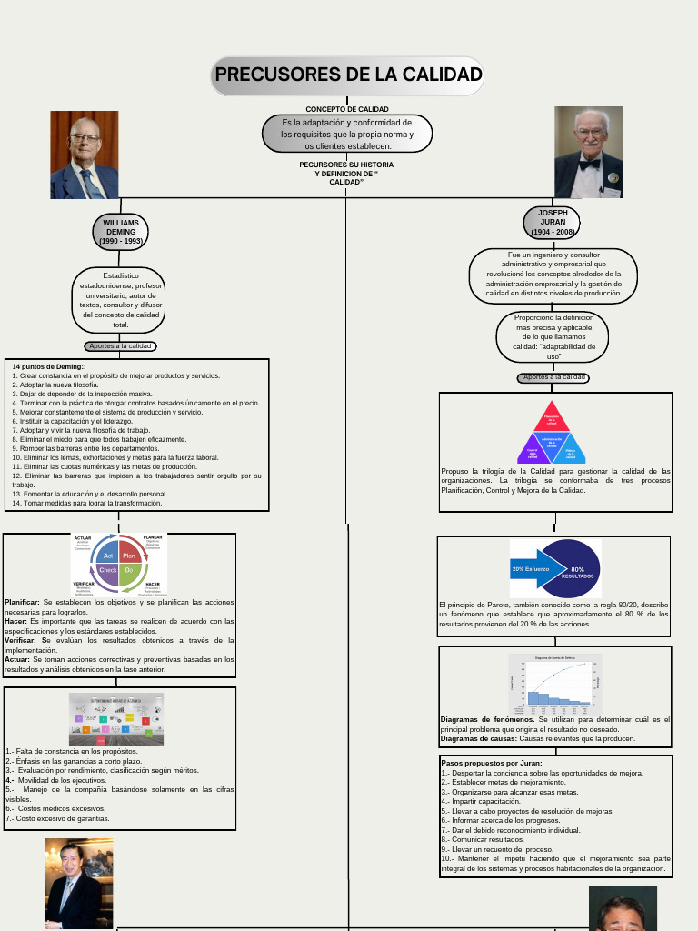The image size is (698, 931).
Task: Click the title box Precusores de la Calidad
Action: point(348,75)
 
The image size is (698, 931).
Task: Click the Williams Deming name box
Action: point(121,232)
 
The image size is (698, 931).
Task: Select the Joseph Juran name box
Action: point(553,223)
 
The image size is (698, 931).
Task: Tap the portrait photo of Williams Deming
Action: point(85,155)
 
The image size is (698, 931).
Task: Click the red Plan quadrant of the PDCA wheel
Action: point(129,555)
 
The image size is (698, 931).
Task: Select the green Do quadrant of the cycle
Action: point(129,570)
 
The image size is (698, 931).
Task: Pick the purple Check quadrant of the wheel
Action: point(108,570)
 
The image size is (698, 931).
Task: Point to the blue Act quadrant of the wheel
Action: point(108,555)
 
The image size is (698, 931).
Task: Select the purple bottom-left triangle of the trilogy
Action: point(533,451)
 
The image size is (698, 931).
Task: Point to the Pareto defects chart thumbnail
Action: point(553,680)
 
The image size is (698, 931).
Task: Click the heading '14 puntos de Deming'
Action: point(49,366)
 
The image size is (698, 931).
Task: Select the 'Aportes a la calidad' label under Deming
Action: point(121,346)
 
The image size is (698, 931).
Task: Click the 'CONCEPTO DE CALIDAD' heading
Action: point(347,109)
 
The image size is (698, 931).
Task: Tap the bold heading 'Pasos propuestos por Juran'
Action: point(491,763)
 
